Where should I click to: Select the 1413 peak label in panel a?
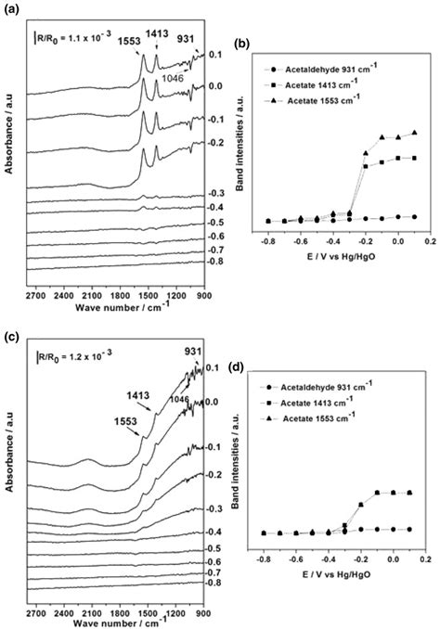tap(159, 37)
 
